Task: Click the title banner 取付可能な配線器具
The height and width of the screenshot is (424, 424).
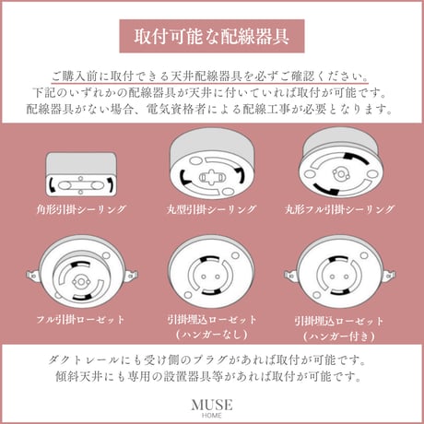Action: click(212, 38)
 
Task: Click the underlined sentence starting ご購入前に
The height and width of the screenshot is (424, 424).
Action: click(212, 77)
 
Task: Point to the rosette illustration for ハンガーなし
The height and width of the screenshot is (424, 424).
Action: click(212, 277)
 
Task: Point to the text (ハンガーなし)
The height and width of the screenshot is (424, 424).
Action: click(212, 333)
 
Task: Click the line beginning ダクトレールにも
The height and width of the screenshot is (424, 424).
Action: click(212, 358)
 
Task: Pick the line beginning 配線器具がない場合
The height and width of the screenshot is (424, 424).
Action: click(212, 110)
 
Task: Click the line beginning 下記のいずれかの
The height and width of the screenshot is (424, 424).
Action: click(212, 94)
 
